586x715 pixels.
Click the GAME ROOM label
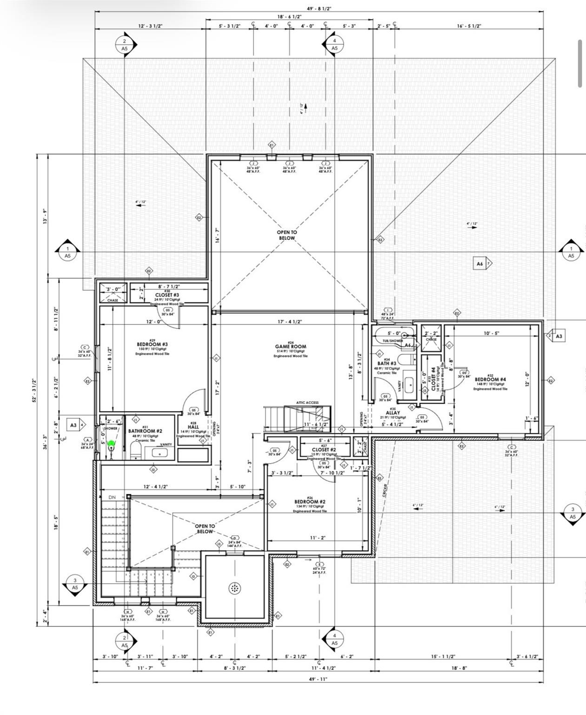pyautogui.click(x=290, y=346)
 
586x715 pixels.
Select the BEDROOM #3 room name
pyautogui.click(x=152, y=344)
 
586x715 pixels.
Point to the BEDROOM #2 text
pyautogui.click(x=310, y=502)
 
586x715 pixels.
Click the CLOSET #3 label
pyautogui.click(x=167, y=295)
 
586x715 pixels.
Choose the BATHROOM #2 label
pyautogui.click(x=145, y=432)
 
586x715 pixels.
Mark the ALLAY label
pyautogui.click(x=393, y=413)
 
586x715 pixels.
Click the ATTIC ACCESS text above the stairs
pyautogui.click(x=307, y=403)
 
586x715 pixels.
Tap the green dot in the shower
pyautogui.click(x=111, y=444)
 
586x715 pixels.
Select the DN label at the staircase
pyautogui.click(x=112, y=497)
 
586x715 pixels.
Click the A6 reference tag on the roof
pyautogui.click(x=480, y=263)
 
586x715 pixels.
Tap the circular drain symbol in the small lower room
pyautogui.click(x=235, y=588)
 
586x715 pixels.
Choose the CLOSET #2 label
pyautogui.click(x=324, y=450)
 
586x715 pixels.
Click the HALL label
pyautogui.click(x=193, y=427)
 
